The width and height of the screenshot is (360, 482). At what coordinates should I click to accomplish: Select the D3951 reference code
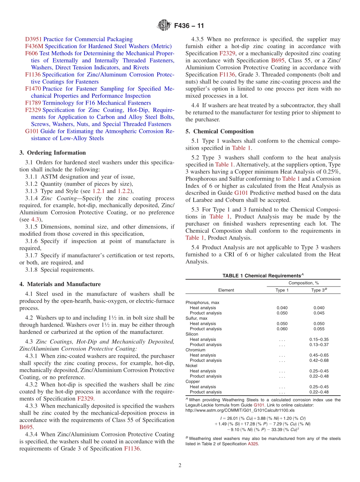(33, 39)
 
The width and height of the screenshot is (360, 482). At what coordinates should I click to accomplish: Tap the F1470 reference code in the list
(33, 89)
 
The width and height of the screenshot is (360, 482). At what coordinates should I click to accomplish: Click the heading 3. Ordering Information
(53, 153)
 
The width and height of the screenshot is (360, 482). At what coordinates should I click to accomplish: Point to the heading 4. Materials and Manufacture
(60, 284)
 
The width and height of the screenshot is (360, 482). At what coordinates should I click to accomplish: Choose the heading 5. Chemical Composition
(219, 131)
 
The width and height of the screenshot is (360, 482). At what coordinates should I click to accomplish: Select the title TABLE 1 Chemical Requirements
(263, 275)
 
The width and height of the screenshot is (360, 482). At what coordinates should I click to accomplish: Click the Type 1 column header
(282, 290)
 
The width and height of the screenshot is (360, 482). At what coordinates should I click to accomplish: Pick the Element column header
(226, 290)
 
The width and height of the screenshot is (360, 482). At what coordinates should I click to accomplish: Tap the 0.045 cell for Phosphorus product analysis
(319, 313)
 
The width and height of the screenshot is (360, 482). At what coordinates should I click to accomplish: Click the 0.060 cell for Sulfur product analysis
(282, 329)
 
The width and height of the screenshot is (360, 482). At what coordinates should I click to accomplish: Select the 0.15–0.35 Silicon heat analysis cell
(319, 340)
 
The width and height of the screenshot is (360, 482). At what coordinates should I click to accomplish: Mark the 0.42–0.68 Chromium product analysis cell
(319, 360)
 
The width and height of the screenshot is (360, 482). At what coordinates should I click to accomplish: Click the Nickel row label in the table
(191, 366)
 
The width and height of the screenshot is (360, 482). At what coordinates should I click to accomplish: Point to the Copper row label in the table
(192, 382)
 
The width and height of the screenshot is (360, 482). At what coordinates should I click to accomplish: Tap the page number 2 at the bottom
(180, 465)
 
